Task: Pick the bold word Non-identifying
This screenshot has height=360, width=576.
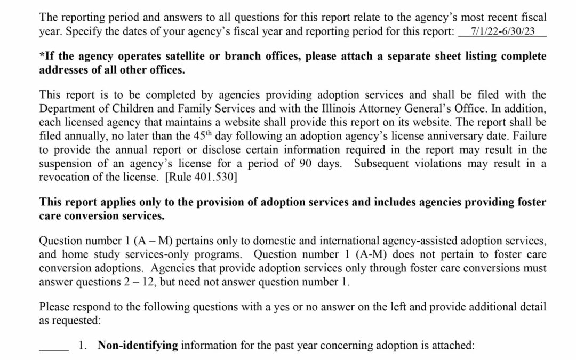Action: [138, 346]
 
